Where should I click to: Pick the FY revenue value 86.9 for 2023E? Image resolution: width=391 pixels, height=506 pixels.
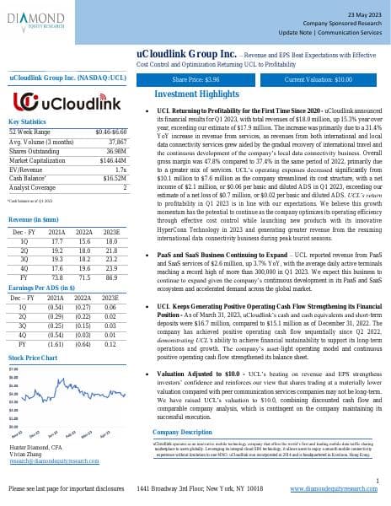pyautogui.click(x=110, y=277)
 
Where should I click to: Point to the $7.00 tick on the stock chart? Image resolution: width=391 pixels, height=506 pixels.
pyautogui.click(x=13, y=369)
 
